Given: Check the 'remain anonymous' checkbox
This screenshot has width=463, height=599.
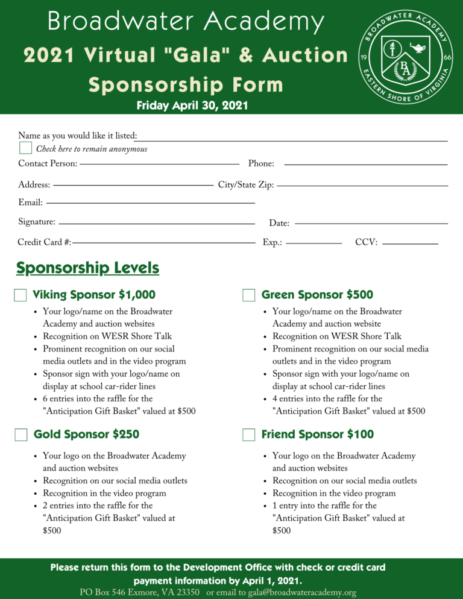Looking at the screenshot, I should (25, 148).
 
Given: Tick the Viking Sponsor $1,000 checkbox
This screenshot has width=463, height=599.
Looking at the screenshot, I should (20, 295).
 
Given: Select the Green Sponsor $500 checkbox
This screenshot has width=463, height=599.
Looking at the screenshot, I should (249, 295).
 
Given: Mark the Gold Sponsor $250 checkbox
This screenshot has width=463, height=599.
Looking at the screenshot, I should (20, 434).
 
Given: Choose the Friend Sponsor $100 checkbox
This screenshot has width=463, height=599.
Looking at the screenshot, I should (249, 434).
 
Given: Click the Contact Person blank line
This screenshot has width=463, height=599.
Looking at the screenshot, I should (159, 163).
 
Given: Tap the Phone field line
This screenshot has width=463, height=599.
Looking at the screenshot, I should (365, 164).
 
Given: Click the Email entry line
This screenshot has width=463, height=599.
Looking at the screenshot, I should (151, 203).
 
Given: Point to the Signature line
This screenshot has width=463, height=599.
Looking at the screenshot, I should (157, 224).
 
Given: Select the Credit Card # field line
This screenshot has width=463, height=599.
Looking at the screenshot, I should (163, 243).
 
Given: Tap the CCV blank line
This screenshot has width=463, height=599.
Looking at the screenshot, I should (410, 243).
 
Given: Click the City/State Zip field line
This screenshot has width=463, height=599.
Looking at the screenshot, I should (362, 185).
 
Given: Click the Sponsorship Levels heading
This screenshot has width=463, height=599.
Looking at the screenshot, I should (88, 268).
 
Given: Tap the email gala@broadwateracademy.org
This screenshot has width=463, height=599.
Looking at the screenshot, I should (299, 592).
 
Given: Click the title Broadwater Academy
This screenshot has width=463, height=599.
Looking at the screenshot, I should (186, 22).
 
